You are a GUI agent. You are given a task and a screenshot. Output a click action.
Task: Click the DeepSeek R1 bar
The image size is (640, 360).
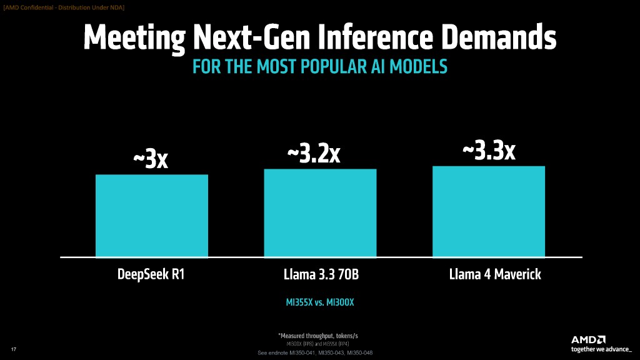(x=151, y=215)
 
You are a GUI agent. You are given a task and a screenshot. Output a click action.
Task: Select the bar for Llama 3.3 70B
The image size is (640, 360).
(x=320, y=212)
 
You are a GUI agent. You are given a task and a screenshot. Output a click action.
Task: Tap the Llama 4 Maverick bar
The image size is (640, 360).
(x=489, y=211)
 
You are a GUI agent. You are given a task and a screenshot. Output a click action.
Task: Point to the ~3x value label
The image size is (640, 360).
(x=151, y=159)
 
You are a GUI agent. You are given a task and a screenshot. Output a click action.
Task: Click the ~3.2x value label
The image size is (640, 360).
(x=313, y=154)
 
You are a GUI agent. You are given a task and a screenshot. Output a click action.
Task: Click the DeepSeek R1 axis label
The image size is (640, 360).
(x=151, y=274)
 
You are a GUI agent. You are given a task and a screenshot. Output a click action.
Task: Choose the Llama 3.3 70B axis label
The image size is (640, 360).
(x=319, y=274)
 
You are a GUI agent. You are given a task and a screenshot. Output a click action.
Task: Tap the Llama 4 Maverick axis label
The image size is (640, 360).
(x=488, y=274)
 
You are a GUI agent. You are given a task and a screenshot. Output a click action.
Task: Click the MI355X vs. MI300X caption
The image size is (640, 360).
(x=319, y=302)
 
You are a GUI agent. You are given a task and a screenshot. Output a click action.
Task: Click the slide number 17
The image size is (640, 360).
(x=13, y=348)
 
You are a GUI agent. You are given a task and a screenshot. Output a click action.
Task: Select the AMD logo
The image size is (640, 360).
(x=588, y=339)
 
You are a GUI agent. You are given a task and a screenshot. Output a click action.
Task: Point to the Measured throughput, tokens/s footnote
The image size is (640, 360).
(x=319, y=337)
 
